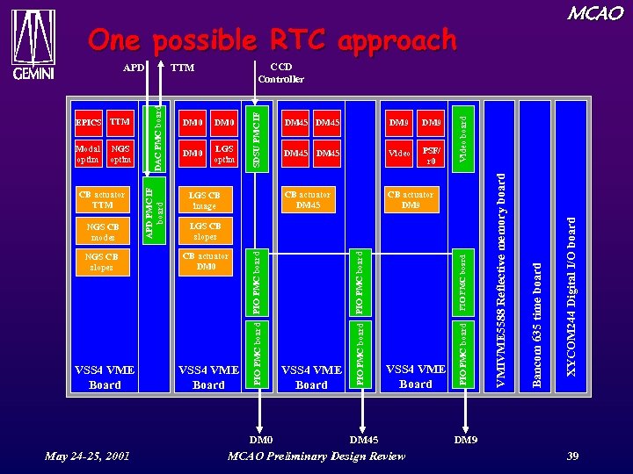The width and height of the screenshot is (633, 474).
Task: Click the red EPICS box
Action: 89,121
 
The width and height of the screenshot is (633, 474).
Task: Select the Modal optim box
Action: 88,154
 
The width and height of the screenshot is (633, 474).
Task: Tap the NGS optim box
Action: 120,154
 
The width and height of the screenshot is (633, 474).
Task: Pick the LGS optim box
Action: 224,154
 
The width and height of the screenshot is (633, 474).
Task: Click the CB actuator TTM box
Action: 103,200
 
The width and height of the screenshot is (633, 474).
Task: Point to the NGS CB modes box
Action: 103,232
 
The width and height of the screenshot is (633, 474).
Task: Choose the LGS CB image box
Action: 205,200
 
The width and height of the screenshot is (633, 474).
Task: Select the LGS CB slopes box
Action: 205,232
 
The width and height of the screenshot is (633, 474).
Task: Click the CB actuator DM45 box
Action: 308,200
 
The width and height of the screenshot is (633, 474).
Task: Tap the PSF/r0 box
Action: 431,154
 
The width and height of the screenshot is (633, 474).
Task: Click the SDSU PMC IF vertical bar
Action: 257,136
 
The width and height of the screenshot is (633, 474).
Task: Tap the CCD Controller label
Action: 281,73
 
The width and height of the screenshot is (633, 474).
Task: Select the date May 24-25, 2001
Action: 88,456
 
